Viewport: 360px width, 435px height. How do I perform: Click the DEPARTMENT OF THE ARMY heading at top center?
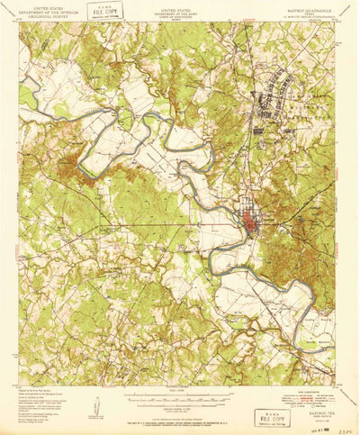click(180, 10)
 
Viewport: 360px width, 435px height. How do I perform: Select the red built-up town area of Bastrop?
click(249, 222)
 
